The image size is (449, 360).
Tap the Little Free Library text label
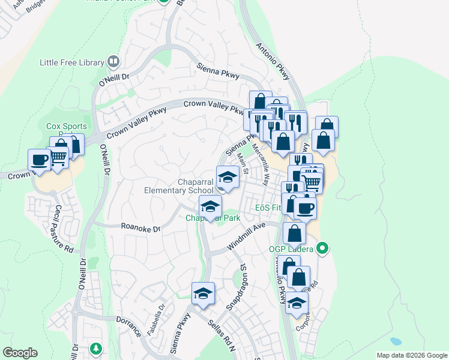(71, 62)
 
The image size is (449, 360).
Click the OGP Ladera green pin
(322, 247)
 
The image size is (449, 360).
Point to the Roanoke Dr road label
(140, 229)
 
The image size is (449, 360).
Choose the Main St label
(243, 161)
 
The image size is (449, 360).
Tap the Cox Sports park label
(67, 127)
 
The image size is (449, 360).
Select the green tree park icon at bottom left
(95, 349)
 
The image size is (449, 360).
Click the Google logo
(20, 353)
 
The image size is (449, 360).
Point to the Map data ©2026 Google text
(411, 355)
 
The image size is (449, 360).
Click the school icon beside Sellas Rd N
(203, 293)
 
